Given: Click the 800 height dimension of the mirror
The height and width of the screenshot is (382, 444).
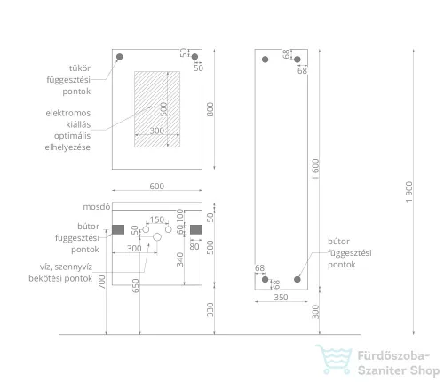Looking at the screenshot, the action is click(210, 109).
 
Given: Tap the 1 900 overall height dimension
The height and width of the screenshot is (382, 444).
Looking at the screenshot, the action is click(408, 192).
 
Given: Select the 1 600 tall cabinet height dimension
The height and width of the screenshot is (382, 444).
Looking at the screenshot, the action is click(315, 169).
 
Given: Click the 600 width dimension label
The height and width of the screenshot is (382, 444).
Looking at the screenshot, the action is click(156, 187).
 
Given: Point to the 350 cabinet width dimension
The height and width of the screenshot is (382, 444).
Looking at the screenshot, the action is click(281, 297).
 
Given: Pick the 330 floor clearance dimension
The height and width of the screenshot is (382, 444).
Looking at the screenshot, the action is click(210, 309).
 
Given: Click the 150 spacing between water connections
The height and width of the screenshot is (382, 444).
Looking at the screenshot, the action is click(157, 219).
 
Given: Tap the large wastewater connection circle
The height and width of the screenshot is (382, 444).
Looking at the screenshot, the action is click(157, 237).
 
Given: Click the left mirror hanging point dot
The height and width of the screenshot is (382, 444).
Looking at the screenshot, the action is click(119, 57).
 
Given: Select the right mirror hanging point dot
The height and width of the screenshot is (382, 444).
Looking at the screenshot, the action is click(194, 57).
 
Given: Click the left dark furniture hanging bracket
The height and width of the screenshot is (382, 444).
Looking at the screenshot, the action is click(118, 229).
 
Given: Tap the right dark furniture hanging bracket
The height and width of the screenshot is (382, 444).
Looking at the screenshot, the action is click(196, 229).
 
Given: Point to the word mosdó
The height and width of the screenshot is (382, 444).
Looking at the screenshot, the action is click(97, 207).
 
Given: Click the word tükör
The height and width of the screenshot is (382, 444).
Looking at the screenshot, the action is click(80, 68).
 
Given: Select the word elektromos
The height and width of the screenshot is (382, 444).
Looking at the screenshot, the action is click(68, 113).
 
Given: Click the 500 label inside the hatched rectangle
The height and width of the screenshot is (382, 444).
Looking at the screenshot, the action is click(163, 109).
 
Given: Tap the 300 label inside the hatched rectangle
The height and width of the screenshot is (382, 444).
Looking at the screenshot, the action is click(157, 131).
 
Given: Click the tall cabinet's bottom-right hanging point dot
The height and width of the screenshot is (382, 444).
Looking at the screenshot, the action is click(297, 279).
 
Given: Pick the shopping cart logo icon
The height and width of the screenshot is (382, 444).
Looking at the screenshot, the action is click(334, 359).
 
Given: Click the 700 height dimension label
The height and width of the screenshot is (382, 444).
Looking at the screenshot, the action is click(102, 282).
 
